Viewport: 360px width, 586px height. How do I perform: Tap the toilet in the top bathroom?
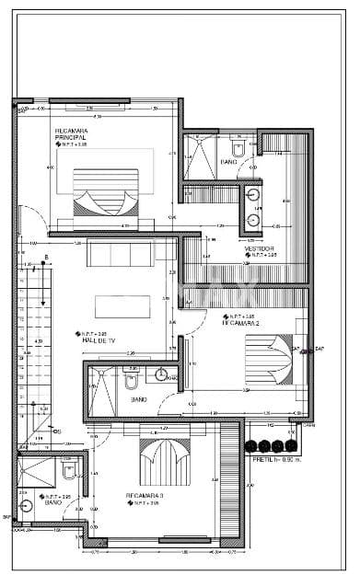[238, 147]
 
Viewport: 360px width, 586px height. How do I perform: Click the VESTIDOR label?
[258, 248]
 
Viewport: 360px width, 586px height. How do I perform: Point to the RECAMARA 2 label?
[241, 324]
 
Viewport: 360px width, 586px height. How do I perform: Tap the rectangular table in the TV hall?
[122, 305]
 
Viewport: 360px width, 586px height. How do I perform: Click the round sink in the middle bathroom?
[161, 375]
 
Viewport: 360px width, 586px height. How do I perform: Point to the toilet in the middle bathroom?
[132, 376]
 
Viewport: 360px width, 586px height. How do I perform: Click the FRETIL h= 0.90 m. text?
[277, 458]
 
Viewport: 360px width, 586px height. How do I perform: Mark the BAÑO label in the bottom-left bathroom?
[53, 503]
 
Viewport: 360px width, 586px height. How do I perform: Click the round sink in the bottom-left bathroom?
[25, 506]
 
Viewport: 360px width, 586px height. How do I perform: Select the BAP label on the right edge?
[320, 350]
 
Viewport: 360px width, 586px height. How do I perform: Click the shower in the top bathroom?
[200, 154]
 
